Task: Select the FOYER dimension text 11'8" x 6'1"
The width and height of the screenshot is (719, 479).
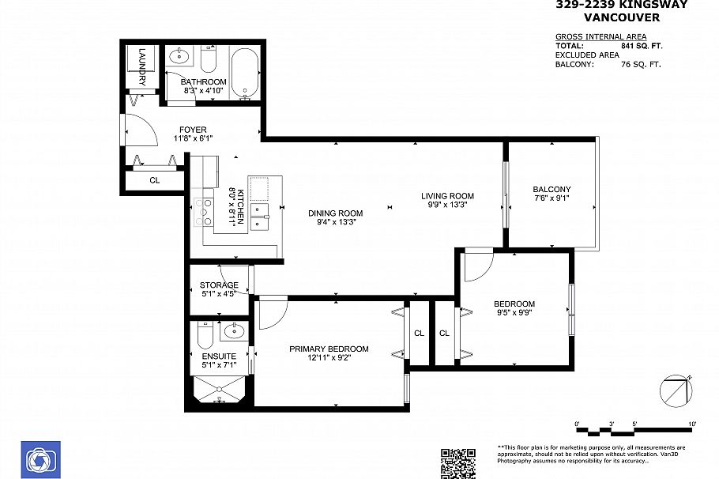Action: [193, 139]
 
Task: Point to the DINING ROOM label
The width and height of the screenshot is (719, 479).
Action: [336, 213]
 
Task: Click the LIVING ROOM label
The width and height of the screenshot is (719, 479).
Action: [447, 196]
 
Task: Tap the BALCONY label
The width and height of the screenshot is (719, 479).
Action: [551, 189]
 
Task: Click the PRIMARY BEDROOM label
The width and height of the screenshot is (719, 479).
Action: [329, 349]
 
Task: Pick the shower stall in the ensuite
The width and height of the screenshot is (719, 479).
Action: [220, 390]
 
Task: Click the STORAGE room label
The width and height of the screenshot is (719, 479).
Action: [219, 285]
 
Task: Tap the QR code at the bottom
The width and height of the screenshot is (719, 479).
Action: [457, 463]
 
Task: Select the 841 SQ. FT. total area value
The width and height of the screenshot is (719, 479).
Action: [641, 46]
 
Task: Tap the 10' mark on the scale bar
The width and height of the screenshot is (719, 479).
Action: [692, 425]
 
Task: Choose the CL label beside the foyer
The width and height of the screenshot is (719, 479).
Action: [155, 180]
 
